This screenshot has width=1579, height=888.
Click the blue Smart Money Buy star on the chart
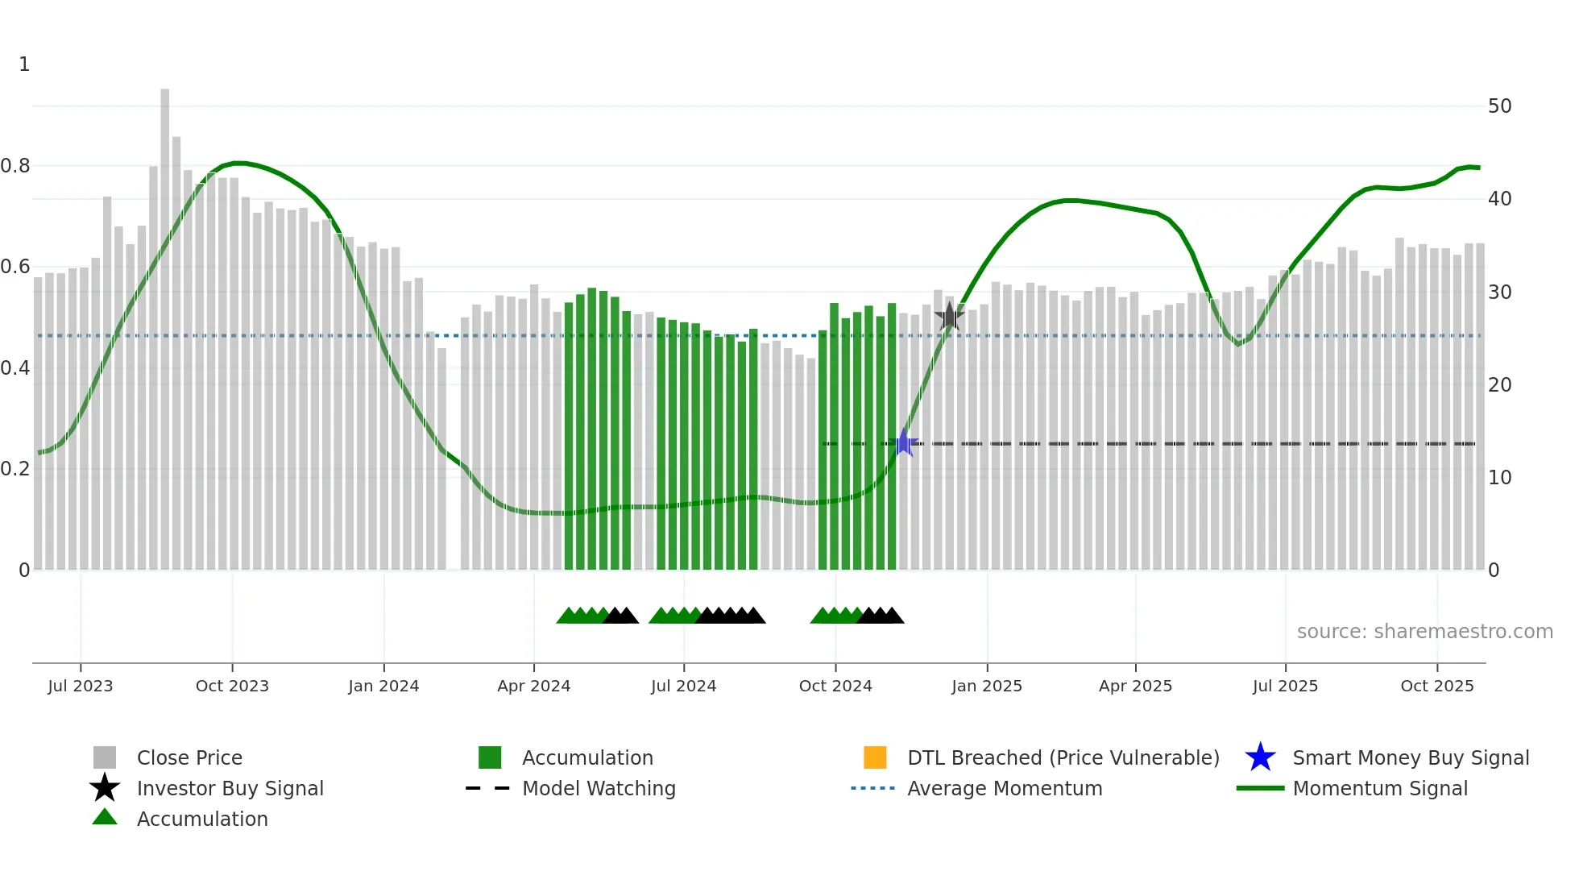coord(904,443)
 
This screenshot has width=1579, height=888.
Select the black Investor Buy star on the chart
coord(950,316)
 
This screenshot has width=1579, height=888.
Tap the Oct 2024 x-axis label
coord(835,686)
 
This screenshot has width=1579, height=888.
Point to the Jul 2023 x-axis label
coord(81,686)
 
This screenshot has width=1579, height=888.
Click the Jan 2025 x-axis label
coord(987,686)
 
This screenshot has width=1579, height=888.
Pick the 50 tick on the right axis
coord(1499,106)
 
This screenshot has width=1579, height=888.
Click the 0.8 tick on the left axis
coord(16,166)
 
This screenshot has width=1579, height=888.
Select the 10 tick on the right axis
coord(1499,478)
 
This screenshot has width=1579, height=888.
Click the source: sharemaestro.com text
coord(1424,632)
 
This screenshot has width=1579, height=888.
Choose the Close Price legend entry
coord(189,757)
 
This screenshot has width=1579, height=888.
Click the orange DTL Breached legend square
coord(875,757)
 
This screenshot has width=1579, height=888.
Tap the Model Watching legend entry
coord(599,788)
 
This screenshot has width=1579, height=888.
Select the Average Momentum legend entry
coord(1005,788)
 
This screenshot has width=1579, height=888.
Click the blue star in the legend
coord(1260,757)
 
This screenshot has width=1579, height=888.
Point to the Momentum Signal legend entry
coord(1380,788)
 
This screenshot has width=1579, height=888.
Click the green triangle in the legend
coord(105,818)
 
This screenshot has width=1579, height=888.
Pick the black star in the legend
coord(105,788)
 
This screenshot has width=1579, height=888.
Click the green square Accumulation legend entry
coord(490,757)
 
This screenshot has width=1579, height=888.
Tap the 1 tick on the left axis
coord(24,64)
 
